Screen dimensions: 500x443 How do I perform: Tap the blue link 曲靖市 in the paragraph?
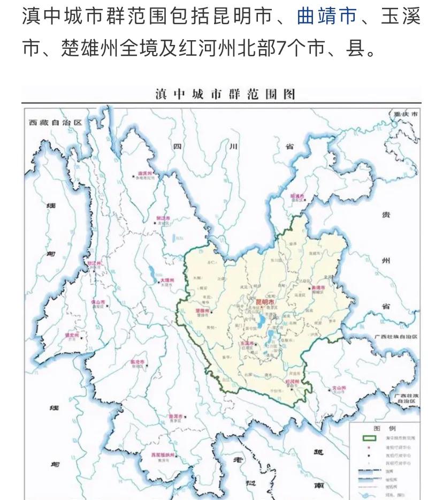click(x=326, y=17)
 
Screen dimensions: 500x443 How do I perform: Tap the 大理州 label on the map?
click(x=165, y=280)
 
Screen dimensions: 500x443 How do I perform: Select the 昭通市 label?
click(x=297, y=196)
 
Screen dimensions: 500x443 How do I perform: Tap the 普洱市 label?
click(x=176, y=416)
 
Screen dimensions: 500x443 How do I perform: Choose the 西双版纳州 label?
click(x=163, y=455)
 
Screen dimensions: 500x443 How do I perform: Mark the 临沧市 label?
click(x=138, y=362)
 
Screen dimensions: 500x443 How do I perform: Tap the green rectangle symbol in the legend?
click(x=370, y=438)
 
